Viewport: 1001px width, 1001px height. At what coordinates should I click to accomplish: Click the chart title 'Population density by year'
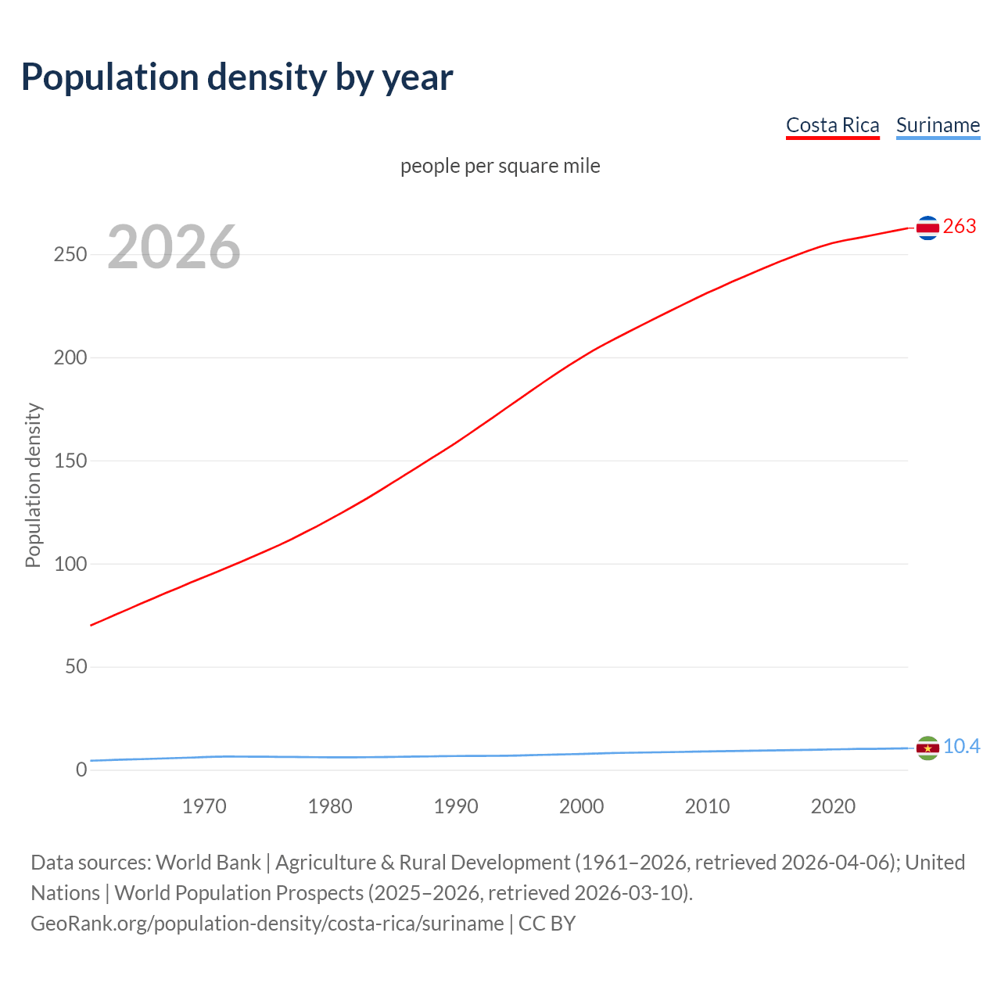click(237, 77)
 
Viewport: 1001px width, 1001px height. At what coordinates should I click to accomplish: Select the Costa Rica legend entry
click(832, 125)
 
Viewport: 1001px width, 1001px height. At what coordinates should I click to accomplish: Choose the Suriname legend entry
click(938, 125)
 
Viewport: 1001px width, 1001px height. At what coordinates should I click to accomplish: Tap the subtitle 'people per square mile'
click(500, 166)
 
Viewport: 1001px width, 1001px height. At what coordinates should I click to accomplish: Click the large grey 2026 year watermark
click(174, 247)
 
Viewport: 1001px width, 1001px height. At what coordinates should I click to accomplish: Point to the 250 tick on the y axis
click(70, 255)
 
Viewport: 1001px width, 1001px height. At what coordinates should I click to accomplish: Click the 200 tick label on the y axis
click(70, 358)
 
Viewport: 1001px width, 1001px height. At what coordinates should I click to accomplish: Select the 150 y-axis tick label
click(70, 461)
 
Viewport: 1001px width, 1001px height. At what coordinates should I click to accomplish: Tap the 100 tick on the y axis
click(70, 564)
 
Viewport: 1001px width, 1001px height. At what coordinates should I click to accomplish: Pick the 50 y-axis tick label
click(76, 667)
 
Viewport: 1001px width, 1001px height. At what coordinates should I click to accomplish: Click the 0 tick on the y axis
click(81, 770)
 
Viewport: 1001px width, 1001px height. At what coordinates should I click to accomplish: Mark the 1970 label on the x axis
click(204, 806)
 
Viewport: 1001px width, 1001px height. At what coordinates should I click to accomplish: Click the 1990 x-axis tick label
click(456, 806)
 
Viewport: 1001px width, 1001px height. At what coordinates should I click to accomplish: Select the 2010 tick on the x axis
click(707, 806)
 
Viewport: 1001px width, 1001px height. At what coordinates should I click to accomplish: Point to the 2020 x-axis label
click(833, 806)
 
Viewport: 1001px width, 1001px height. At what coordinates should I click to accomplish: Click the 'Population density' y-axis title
click(33, 485)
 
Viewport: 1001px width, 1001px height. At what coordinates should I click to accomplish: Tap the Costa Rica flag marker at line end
click(927, 228)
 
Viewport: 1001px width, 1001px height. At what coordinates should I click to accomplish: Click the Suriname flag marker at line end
click(927, 748)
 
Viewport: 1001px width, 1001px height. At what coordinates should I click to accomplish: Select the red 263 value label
click(960, 227)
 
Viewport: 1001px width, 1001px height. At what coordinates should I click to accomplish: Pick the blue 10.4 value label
click(961, 747)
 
